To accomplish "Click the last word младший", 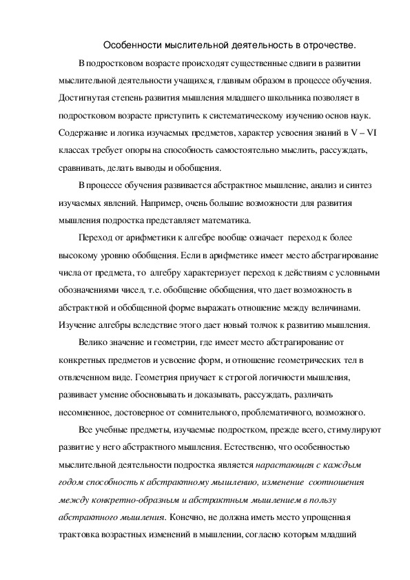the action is click(334, 532).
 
